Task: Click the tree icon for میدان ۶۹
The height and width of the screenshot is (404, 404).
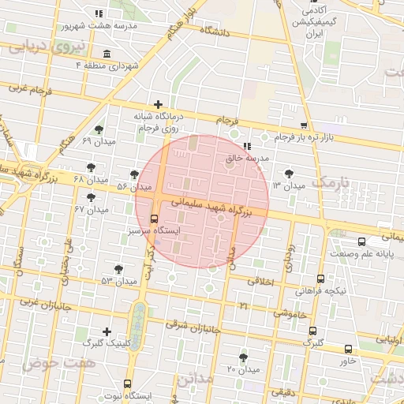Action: point(99,129)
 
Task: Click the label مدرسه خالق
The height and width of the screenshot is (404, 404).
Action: point(248,158)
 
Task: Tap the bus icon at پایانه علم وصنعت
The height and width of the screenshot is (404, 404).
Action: point(361,242)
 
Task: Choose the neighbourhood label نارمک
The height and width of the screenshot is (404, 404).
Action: point(330,182)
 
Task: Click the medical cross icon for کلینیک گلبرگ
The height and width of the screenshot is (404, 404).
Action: point(107,331)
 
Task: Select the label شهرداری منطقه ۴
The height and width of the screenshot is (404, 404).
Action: point(107,65)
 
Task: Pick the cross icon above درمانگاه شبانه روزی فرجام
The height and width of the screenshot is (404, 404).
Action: point(159,104)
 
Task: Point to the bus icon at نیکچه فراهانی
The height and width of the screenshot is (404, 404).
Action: point(320,279)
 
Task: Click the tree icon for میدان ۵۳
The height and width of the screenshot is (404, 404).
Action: point(118,269)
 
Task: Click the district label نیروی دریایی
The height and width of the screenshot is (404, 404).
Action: point(39,47)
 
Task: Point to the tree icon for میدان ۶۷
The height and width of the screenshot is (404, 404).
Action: point(92,197)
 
